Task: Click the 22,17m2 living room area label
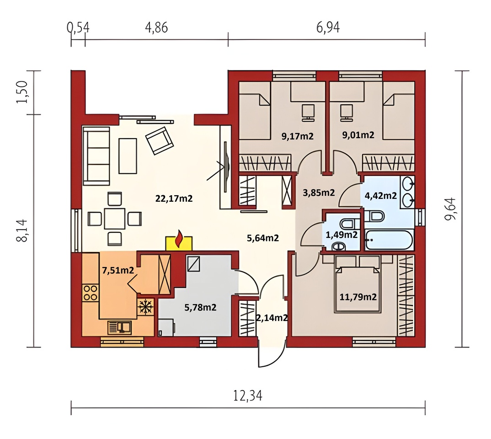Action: click(174, 198)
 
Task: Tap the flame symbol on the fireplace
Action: click(179, 239)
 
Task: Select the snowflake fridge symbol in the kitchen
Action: click(145, 306)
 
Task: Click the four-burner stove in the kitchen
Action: click(90, 293)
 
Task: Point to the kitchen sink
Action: click(120, 327)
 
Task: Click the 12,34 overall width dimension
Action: click(248, 396)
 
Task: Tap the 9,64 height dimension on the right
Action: click(450, 209)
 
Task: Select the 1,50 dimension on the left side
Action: click(22, 92)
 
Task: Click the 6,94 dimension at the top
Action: click(328, 27)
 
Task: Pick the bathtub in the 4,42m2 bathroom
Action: click(389, 240)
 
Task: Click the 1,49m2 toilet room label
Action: click(342, 235)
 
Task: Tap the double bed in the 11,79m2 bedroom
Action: click(358, 289)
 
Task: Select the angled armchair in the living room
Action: click(160, 140)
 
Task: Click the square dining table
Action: click(115, 219)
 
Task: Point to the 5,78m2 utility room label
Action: click(200, 307)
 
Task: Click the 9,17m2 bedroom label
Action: click(298, 136)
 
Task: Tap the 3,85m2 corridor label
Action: click(319, 193)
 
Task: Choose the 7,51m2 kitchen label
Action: click(118, 270)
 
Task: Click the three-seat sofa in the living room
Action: click(96, 156)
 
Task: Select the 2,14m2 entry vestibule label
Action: click(272, 318)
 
